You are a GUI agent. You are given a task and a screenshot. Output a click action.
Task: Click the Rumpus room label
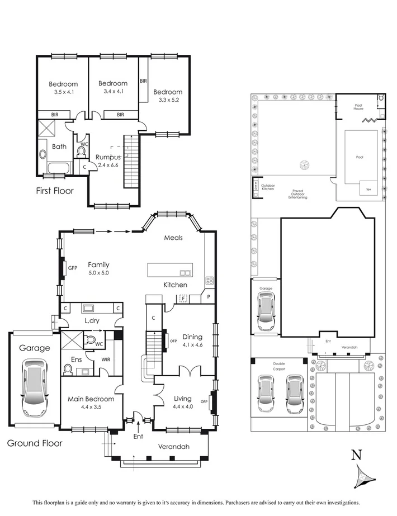pyautogui.click(x=108, y=157)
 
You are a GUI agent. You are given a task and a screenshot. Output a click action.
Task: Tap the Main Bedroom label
pyautogui.click(x=91, y=399)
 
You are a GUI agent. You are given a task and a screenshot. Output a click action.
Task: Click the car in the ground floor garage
pyautogui.click(x=33, y=387)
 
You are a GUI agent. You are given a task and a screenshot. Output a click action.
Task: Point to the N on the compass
pyautogui.click(x=355, y=456)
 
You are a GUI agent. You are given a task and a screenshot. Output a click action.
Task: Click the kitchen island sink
pyautogui.click(x=185, y=273)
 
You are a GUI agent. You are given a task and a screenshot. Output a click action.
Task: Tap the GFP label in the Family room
pyautogui.click(x=73, y=268)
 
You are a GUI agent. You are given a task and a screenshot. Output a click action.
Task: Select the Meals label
pyautogui.click(x=173, y=238)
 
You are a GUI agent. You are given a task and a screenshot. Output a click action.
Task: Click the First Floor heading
pyautogui.click(x=55, y=191)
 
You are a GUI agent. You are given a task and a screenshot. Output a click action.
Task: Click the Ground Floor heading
pyautogui.click(x=35, y=443)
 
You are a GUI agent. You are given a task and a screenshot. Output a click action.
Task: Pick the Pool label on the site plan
pyautogui.click(x=360, y=157)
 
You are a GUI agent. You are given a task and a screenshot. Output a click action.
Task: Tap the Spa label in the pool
pyautogui.click(x=368, y=190)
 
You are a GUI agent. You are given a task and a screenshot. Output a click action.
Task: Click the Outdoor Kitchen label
pyautogui.click(x=268, y=187)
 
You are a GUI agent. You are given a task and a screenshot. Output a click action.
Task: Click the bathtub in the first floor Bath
pyautogui.click(x=57, y=168)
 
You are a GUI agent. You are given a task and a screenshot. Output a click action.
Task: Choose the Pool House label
pyautogui.click(x=359, y=107)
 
